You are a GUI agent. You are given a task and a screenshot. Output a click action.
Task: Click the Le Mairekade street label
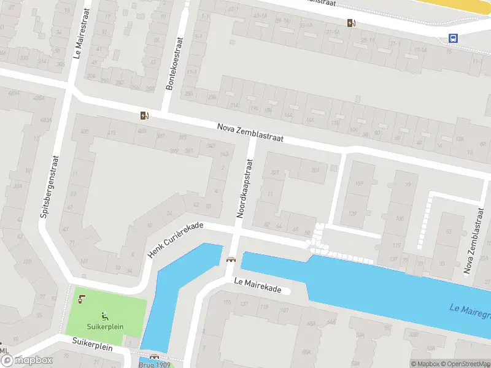257,284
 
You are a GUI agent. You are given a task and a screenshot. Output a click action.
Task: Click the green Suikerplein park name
105,327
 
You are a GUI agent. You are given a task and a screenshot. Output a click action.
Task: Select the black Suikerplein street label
92,346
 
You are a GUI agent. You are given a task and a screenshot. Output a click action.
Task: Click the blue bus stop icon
453,38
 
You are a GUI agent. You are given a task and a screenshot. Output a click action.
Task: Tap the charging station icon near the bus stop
350,23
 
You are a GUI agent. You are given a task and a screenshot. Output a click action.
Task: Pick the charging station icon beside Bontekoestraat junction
144,115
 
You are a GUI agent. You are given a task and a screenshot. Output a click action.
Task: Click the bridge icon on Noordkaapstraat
231,259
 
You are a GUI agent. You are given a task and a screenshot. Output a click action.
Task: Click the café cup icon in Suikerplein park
82,299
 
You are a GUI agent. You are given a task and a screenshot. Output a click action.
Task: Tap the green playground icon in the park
105,316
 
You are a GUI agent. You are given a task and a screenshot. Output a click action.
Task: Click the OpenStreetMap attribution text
464,364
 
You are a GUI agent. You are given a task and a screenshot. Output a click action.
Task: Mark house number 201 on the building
315,171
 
